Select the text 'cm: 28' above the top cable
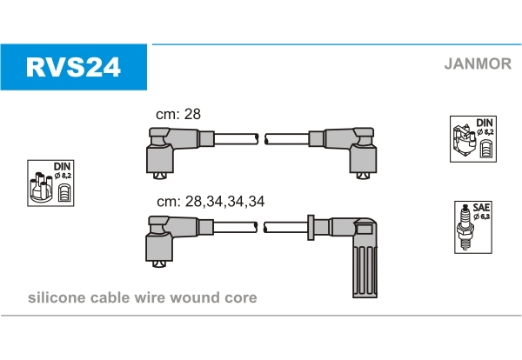tap(177, 115)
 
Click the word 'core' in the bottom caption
tap(240, 298)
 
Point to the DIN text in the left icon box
tap(62, 165)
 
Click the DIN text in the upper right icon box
tap(484, 122)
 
